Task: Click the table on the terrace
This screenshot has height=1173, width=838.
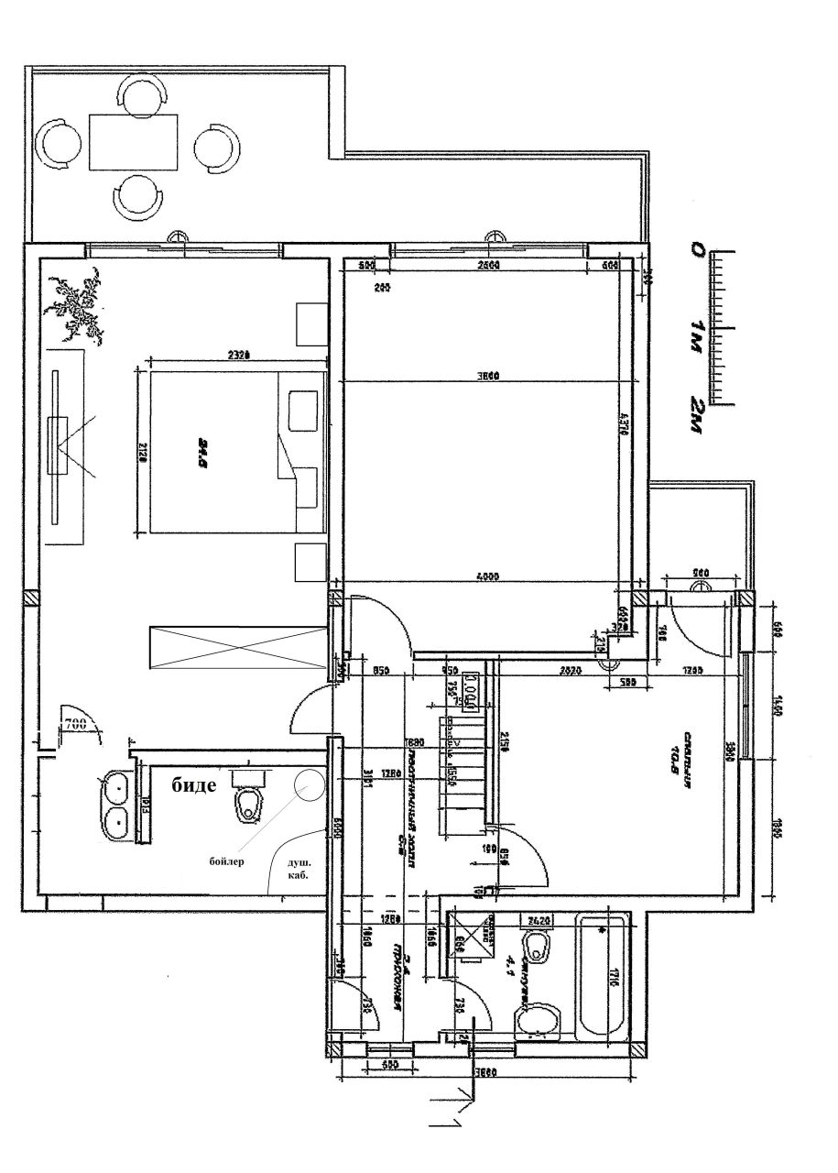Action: point(134,142)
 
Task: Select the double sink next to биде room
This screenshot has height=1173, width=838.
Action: point(115,804)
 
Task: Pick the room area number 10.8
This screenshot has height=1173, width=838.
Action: point(674,751)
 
